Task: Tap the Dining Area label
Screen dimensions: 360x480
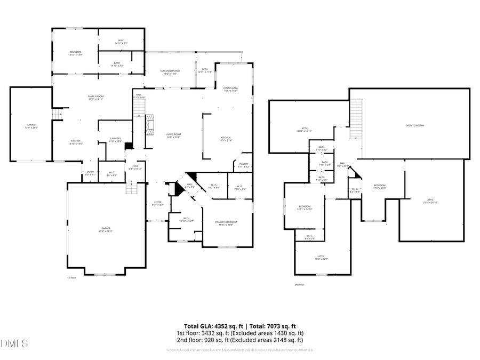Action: coord(230,89)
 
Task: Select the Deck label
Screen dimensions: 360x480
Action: coord(205,70)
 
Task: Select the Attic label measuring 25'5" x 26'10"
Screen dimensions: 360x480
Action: coord(430,202)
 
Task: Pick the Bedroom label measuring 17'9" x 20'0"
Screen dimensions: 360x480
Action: coord(379,187)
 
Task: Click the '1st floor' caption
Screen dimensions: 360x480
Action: coord(71,278)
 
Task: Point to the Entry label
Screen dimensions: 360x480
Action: coord(90,173)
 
